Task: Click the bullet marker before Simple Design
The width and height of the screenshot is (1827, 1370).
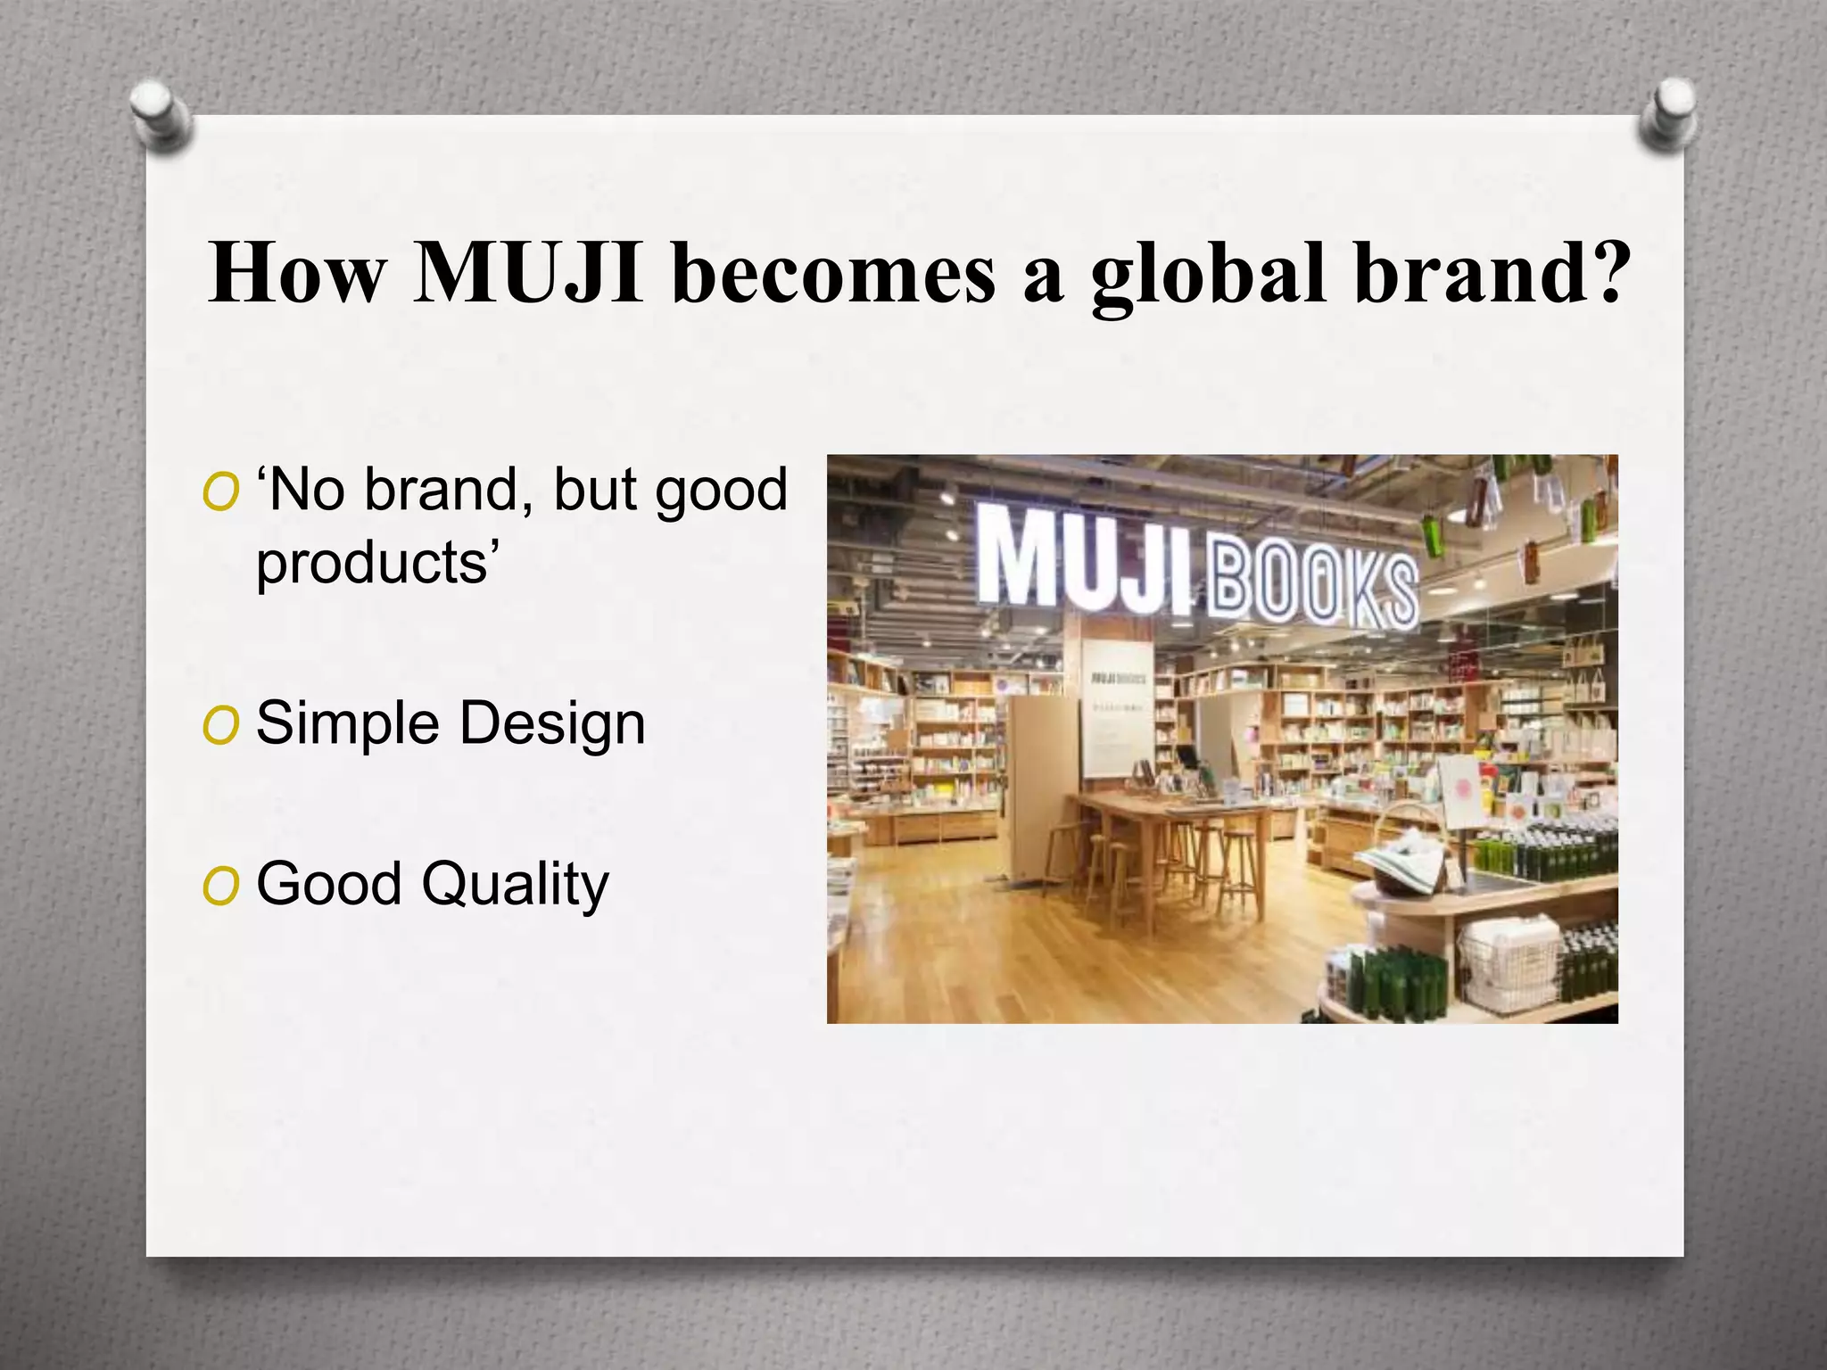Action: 220,725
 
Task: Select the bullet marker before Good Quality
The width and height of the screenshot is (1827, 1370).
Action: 220,886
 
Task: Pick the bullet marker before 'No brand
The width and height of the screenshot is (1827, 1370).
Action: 220,491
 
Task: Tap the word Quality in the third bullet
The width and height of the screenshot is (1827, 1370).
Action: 515,885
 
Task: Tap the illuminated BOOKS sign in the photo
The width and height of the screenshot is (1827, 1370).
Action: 1312,585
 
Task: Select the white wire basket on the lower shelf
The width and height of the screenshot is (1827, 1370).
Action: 1509,962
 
